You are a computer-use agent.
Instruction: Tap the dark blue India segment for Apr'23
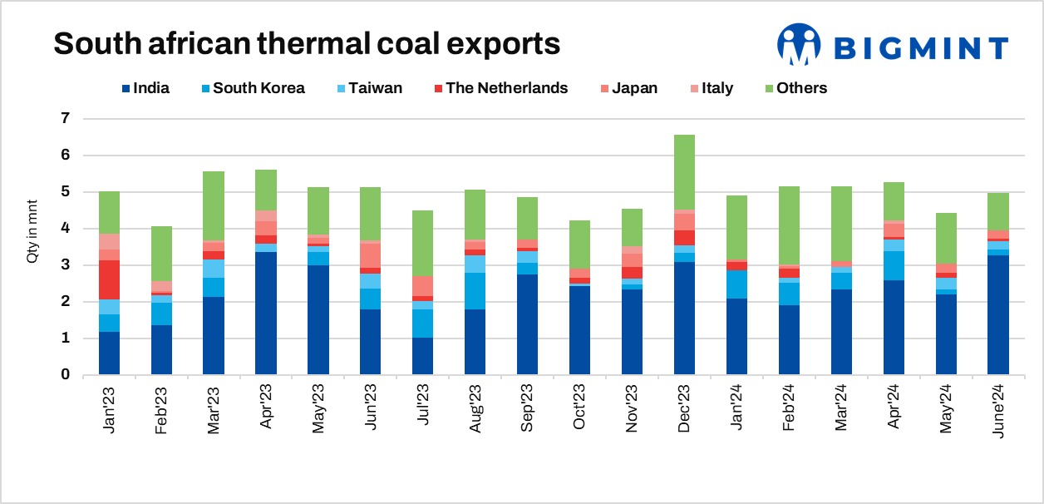[x=266, y=313]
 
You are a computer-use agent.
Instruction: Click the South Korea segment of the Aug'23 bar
[x=475, y=291]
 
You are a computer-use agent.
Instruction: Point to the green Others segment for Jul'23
[x=423, y=244]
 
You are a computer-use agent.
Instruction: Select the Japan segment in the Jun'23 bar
[x=371, y=255]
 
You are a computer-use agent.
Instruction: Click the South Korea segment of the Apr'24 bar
[x=894, y=265]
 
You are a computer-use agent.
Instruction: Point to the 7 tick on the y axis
[x=66, y=119]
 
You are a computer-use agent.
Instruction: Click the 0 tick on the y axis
[x=66, y=375]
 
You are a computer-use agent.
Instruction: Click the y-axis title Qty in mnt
[x=34, y=238]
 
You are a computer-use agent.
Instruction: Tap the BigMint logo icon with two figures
[x=798, y=46]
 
